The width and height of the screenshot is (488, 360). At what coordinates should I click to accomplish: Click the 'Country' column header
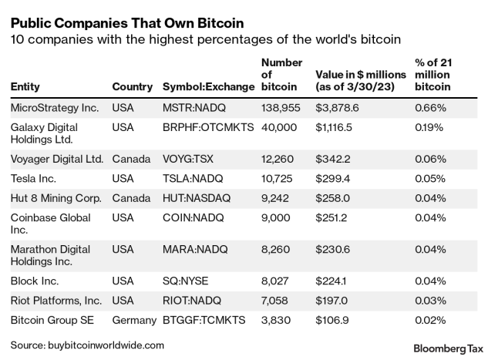coord(132,87)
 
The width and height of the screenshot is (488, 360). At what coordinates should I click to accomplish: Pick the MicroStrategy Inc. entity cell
coord(56,109)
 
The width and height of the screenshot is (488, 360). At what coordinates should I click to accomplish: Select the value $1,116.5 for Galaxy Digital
coord(337,127)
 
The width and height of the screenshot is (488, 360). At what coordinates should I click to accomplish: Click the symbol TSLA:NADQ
coord(193,179)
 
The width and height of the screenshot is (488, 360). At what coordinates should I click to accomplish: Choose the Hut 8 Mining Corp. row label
coord(56,198)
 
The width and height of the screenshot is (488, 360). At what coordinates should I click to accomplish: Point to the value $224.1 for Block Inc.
coord(334,281)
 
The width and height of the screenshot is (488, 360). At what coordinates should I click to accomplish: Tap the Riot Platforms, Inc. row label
coord(58,301)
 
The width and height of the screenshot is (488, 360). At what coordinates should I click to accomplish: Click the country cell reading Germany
coord(134,320)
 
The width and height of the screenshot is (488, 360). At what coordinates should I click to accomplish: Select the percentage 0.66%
coord(430,109)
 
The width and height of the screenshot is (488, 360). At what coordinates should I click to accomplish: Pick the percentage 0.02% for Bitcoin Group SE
coord(430,320)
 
